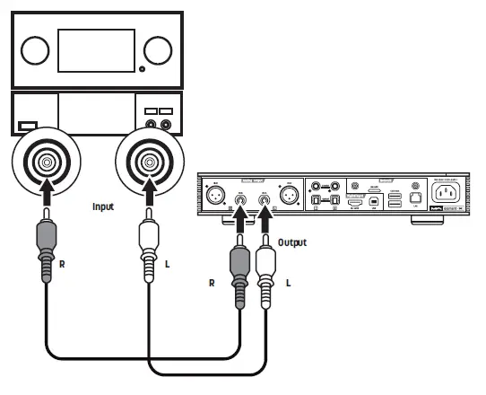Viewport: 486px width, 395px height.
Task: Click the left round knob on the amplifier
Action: coord(35,50)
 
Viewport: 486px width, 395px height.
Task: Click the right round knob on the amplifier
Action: coord(156,50)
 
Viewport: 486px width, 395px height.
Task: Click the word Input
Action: coord(104,206)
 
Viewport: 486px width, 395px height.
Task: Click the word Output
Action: coord(291,242)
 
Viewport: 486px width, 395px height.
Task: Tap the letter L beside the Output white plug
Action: coord(289,282)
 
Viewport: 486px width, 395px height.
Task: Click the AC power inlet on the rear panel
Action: coord(450,194)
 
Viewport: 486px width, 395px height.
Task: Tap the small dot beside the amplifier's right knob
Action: coord(142,69)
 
